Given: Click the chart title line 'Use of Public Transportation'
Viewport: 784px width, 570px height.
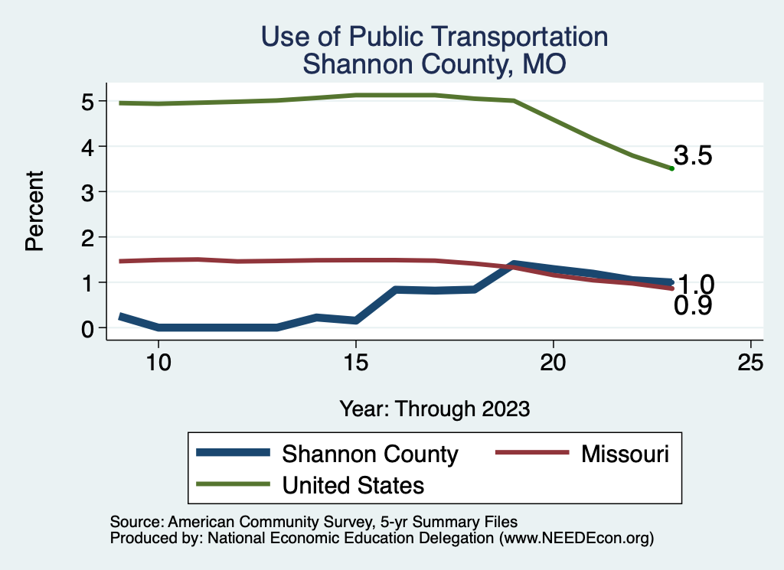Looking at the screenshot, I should [x=434, y=37].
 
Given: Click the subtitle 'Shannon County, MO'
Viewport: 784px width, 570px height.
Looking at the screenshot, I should [x=434, y=64].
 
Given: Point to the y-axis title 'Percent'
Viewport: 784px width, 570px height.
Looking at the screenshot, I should [x=34, y=212].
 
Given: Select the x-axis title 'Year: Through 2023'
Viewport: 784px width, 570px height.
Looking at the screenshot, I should [x=434, y=409].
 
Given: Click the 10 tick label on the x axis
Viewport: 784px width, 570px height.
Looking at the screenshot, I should [x=158, y=363].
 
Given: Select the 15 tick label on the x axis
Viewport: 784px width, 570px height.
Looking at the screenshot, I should [x=355, y=363].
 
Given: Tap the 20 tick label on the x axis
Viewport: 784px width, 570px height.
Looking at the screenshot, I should [x=553, y=363].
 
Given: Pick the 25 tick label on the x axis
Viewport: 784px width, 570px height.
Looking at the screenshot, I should [x=750, y=363].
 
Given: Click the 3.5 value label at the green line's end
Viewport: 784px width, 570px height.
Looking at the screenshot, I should [x=693, y=156].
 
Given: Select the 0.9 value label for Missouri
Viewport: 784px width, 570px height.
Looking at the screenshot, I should [x=693, y=306].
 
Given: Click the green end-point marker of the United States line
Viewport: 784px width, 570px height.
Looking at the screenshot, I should [x=671, y=168].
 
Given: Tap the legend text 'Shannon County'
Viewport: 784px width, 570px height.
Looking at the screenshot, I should [x=370, y=454].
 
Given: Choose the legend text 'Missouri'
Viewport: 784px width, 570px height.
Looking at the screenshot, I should [x=625, y=454].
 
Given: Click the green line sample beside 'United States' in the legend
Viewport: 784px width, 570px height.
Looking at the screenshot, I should [x=234, y=484].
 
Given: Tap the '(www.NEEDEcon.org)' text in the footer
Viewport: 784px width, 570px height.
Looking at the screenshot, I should [x=576, y=539].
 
